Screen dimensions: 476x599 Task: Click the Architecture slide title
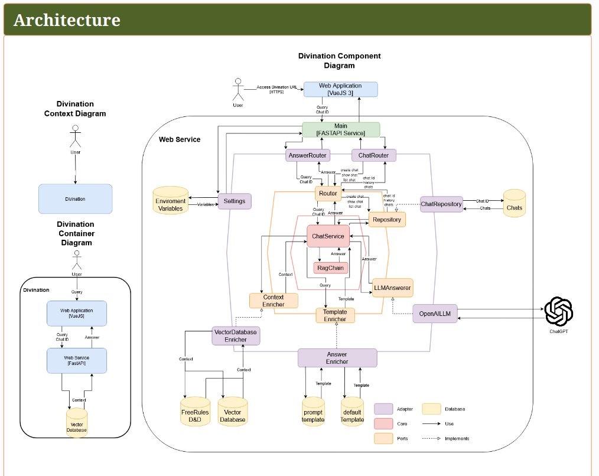67,20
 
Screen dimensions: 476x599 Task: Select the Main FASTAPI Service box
341,130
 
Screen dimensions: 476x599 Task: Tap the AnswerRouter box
307,155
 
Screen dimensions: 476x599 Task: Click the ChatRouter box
374,155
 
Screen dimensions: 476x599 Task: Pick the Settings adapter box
235,201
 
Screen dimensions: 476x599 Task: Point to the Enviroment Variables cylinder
170,201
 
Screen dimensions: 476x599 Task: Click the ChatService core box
328,236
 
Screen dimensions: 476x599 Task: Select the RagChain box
331,268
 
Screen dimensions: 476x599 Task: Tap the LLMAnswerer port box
392,288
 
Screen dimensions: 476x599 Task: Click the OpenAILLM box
435,314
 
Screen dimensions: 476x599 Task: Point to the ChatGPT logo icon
558,312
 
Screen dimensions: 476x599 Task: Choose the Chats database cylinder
514,204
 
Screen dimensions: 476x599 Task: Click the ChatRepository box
441,204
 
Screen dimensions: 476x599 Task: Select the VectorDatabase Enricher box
236,336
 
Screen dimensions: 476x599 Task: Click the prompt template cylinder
313,411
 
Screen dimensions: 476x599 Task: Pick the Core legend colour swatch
383,424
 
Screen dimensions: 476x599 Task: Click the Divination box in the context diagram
75,199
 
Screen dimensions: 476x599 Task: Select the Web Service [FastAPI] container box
77,361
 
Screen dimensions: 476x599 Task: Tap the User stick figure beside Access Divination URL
238,90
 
